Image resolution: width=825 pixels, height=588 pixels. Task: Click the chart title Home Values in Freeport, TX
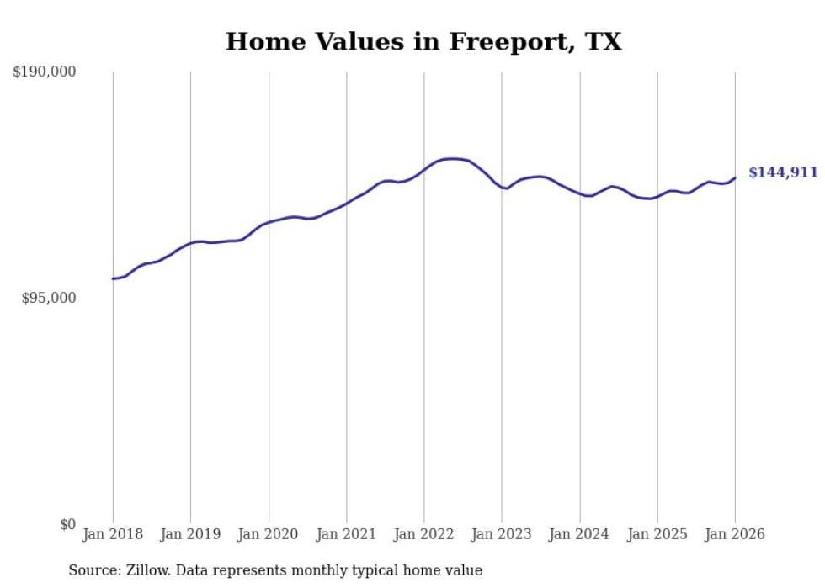[x=423, y=42]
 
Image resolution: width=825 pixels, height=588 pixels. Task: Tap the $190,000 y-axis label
[x=45, y=72]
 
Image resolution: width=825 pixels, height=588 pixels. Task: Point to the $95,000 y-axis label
[x=48, y=298]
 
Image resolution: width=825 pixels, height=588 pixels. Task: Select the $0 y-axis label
[x=67, y=524]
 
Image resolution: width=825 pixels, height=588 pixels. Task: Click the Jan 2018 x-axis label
[x=113, y=534]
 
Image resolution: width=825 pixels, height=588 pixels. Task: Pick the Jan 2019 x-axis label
[x=190, y=534]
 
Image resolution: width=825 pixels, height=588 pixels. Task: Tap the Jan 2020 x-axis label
[x=269, y=534]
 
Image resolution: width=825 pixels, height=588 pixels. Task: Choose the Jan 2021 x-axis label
[x=346, y=534]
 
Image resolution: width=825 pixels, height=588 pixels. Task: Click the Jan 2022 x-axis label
[x=424, y=534]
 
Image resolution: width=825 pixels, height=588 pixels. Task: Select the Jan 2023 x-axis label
[x=502, y=534]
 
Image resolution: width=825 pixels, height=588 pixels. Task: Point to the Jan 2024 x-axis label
[x=580, y=534]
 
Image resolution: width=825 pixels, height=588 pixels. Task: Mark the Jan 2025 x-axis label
[x=657, y=534]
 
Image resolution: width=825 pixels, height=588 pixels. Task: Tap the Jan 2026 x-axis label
[x=735, y=534]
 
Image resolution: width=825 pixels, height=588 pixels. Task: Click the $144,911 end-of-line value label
[x=783, y=172]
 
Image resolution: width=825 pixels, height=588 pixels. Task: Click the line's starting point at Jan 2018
[x=113, y=278]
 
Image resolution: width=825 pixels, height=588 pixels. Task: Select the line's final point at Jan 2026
[x=735, y=177]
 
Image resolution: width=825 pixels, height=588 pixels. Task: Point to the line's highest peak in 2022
[x=453, y=158]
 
